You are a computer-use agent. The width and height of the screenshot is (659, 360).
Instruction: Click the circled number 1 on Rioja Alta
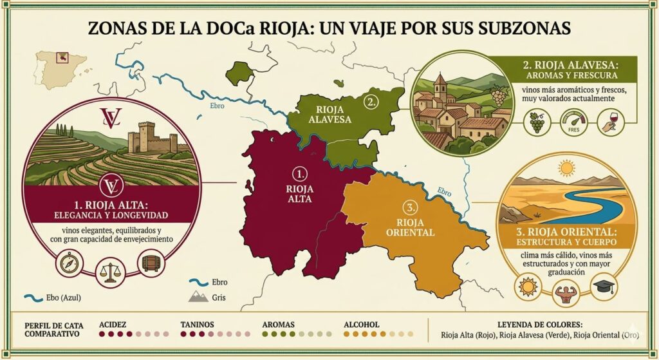point(298,174)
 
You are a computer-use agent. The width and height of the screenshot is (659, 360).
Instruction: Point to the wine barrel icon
point(151,263)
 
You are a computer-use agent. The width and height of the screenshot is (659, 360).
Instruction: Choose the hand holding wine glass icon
point(609,121)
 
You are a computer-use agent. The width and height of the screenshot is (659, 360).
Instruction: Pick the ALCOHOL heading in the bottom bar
point(362,325)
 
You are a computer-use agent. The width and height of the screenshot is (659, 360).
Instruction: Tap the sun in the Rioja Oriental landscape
point(566,169)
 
